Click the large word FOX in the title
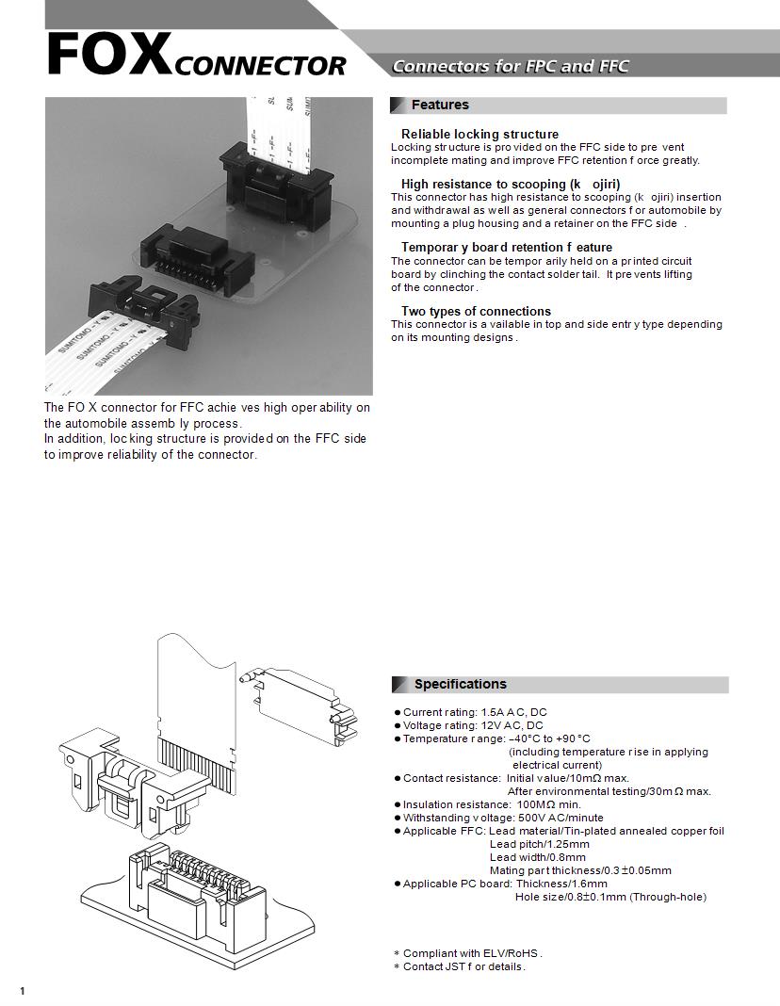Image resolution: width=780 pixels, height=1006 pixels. [108, 55]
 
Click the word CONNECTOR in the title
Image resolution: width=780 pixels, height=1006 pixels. [260, 66]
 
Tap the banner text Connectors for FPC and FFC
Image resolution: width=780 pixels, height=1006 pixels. [510, 66]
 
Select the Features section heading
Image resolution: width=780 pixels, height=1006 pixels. [440, 105]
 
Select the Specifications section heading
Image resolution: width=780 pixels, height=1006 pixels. [460, 684]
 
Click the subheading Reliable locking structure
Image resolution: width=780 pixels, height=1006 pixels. [479, 134]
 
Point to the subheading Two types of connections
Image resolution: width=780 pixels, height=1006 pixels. [476, 311]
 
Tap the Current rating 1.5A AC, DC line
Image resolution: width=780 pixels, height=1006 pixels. [474, 712]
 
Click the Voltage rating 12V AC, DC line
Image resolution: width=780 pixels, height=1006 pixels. [472, 725]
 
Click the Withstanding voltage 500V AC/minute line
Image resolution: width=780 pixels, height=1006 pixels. [503, 818]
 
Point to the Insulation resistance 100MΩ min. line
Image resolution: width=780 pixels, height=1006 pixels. [492, 804]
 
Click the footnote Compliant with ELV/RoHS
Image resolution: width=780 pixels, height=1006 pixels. [472, 953]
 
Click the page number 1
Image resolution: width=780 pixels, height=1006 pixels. [22, 990]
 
